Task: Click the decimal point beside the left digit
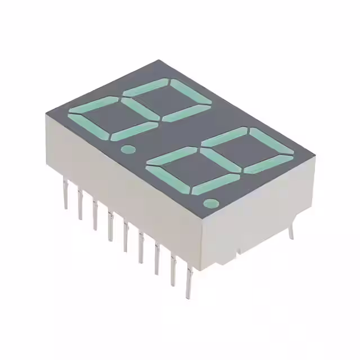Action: (128, 150)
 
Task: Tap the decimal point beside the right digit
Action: (210, 203)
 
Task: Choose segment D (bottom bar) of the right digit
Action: (215, 183)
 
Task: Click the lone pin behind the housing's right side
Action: (292, 231)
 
